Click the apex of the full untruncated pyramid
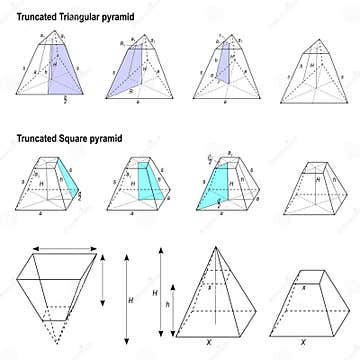tap(217, 246)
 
